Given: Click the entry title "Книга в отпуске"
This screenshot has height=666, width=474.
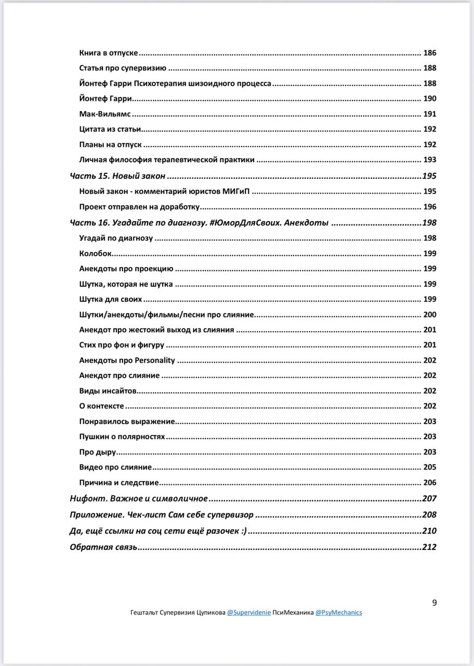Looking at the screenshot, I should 109,53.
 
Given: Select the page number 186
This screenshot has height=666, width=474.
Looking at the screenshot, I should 430,53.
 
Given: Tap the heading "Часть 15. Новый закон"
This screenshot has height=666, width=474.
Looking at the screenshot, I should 117,176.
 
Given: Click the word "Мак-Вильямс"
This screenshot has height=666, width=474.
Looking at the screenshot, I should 105,114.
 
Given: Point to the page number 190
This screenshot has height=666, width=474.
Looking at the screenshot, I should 430,99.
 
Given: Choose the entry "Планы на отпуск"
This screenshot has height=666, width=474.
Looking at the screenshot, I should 110,145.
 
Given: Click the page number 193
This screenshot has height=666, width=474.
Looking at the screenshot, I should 430,160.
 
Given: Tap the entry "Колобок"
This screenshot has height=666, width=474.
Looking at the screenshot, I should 96,253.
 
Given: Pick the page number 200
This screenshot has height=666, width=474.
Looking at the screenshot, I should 430,315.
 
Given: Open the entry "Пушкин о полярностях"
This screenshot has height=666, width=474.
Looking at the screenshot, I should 122,437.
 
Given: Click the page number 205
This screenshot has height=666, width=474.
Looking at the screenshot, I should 430,467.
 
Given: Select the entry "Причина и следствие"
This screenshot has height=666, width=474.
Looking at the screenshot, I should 119,482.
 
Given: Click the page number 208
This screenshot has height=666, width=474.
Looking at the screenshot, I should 429,515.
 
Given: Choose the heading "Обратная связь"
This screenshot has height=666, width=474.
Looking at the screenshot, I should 103,547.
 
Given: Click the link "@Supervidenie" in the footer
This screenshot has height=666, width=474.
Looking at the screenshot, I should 249,612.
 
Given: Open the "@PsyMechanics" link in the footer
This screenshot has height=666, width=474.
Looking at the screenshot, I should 339,612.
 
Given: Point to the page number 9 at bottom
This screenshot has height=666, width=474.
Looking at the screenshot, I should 434,603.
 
